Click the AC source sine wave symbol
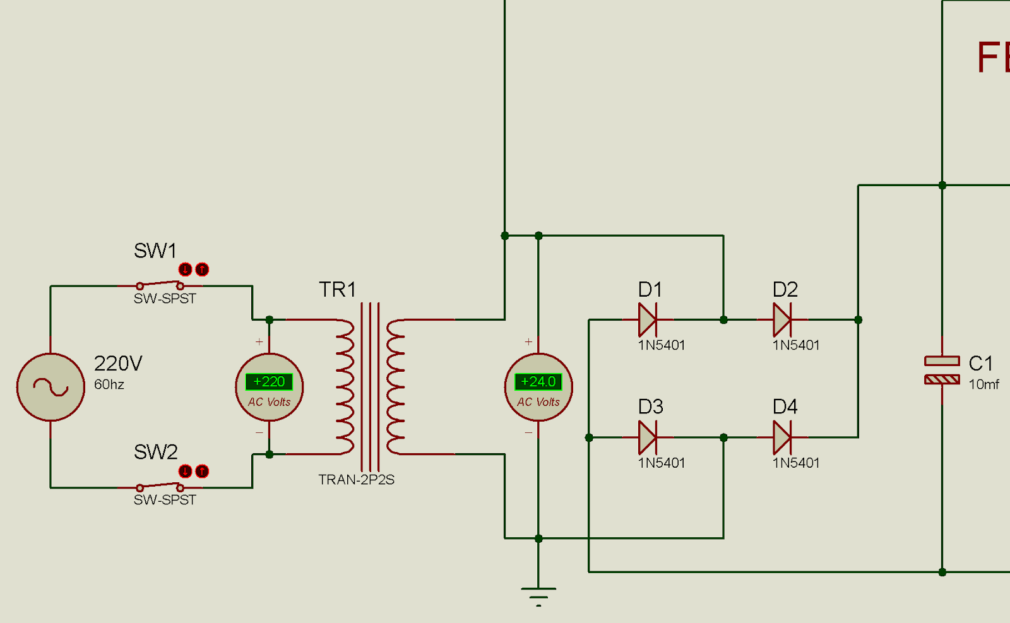coord(50,387)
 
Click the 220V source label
coord(118,364)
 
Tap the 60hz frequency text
coord(109,384)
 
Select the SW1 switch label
coord(155,251)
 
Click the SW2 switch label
coord(155,452)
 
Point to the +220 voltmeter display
coord(269,382)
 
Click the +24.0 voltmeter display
coord(538,382)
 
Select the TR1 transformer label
coord(337,290)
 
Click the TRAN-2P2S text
coord(356,480)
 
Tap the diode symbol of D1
coord(648,320)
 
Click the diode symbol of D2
coord(782,320)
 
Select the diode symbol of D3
coord(648,437)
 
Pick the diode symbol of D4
coord(782,437)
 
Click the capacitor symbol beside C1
coord(942,371)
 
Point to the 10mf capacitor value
coord(983,384)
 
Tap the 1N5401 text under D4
coord(796,463)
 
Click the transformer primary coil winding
coord(345,387)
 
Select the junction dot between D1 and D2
coord(723,320)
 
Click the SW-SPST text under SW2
coord(165,500)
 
